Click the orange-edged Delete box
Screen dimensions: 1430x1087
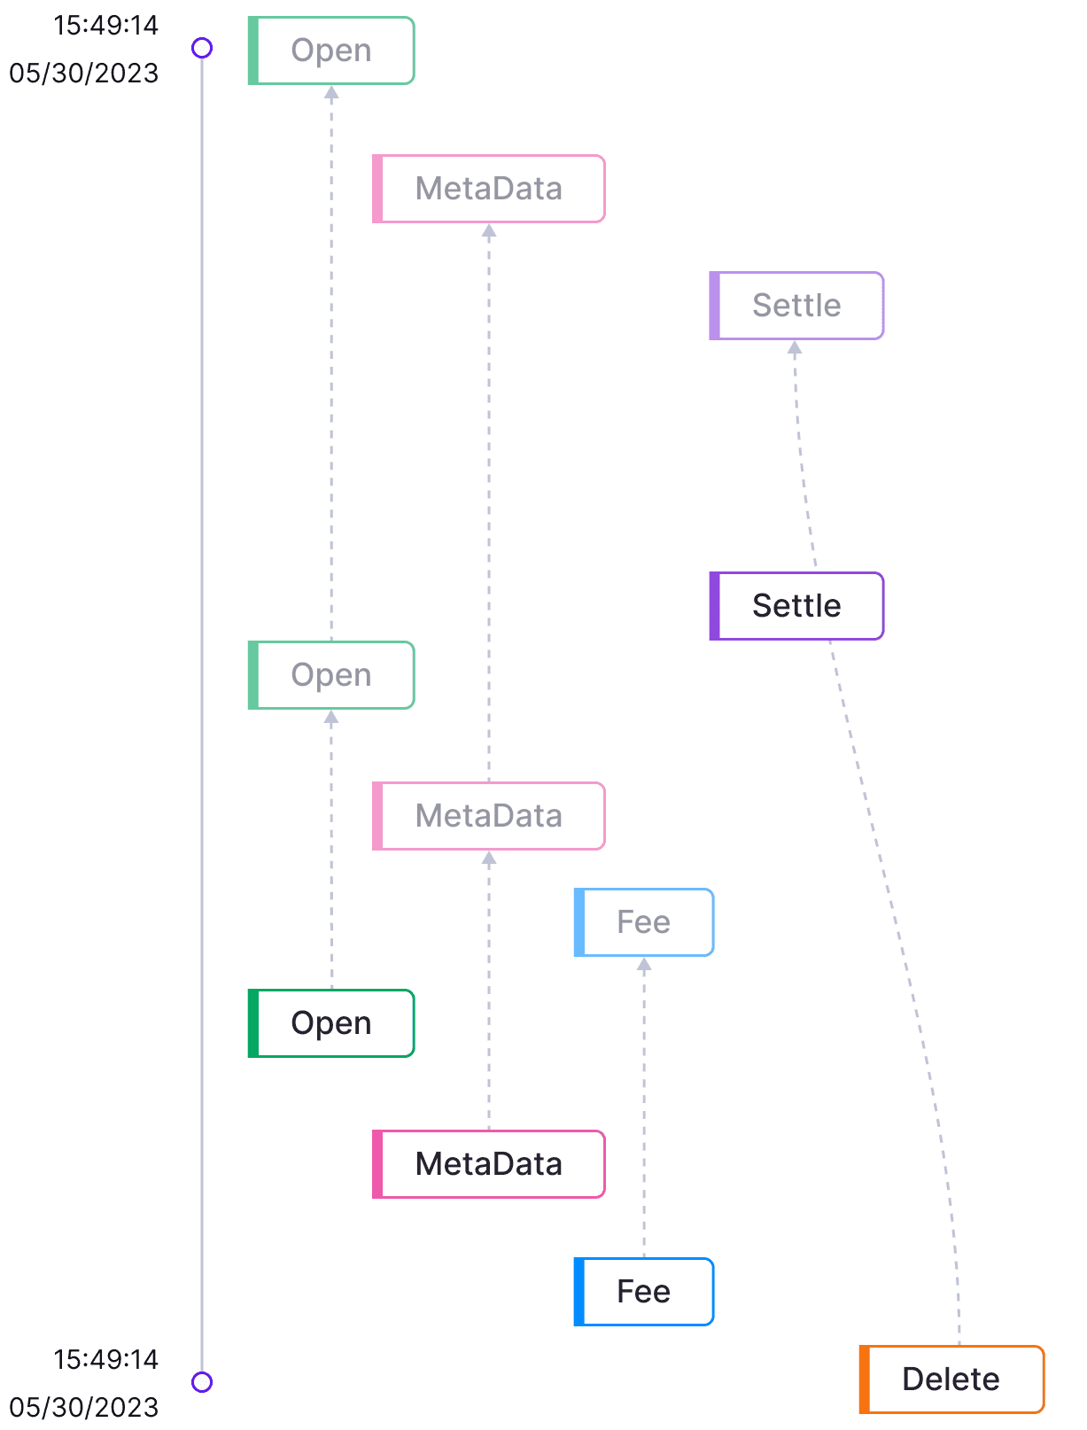coord(951,1379)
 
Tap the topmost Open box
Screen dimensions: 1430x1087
coord(331,51)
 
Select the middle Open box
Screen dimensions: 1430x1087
coord(331,675)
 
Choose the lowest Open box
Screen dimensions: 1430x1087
coord(331,1022)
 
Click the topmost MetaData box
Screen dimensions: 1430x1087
coord(489,189)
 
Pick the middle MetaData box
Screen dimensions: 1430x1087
coord(489,815)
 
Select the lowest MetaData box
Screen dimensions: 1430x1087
coord(489,1163)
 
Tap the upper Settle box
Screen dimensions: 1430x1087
coord(796,305)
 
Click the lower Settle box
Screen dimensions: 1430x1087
coord(796,605)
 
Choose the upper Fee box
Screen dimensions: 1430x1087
coord(644,921)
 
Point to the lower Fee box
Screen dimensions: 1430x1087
coord(644,1291)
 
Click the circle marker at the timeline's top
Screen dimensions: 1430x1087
coord(202,48)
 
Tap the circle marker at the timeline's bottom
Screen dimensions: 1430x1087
coord(202,1381)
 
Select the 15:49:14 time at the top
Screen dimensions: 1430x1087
coord(105,25)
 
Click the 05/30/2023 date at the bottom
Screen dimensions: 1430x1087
coord(83,1406)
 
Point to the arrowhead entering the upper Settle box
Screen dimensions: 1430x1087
coord(795,349)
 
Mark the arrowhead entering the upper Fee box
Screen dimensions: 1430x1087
coord(644,966)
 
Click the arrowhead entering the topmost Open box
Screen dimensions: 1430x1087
coord(331,93)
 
